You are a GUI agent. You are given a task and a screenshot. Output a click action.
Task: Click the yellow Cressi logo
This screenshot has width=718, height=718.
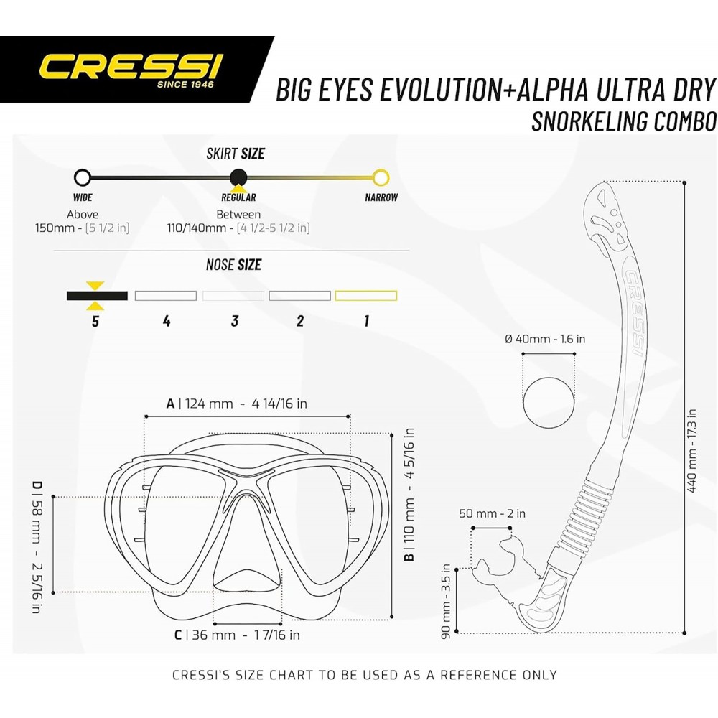coord(131,66)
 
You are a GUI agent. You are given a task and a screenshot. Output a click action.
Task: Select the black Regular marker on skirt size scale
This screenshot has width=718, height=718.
coord(238,177)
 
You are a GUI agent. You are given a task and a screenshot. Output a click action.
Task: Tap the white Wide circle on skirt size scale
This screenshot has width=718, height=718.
coord(83,177)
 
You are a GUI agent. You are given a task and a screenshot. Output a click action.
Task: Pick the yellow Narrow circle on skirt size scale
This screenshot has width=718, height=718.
coord(381,177)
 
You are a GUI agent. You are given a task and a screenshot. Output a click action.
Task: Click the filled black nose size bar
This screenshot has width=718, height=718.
coord(97,296)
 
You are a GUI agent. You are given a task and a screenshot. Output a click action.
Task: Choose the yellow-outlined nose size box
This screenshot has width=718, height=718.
coord(366,296)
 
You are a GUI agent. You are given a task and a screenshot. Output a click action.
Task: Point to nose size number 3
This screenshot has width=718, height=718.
coord(235,321)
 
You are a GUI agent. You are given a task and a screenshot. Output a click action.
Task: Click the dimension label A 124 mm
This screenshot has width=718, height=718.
coord(236,404)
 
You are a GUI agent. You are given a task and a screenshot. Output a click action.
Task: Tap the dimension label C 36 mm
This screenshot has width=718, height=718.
coord(237,635)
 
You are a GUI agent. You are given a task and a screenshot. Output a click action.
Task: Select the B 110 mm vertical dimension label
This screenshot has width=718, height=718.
coord(409,495)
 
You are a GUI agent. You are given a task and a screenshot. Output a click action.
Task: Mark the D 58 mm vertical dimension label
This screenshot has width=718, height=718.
coord(37,546)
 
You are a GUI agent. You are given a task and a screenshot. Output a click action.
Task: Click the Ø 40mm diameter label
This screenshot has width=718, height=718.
coord(545,339)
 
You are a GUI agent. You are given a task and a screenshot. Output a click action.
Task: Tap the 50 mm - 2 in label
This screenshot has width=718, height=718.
coord(493,513)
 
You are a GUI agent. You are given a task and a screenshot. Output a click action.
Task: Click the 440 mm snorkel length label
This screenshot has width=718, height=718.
coord(692,451)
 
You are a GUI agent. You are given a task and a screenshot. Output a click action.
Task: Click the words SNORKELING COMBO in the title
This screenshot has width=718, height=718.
coord(624,121)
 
